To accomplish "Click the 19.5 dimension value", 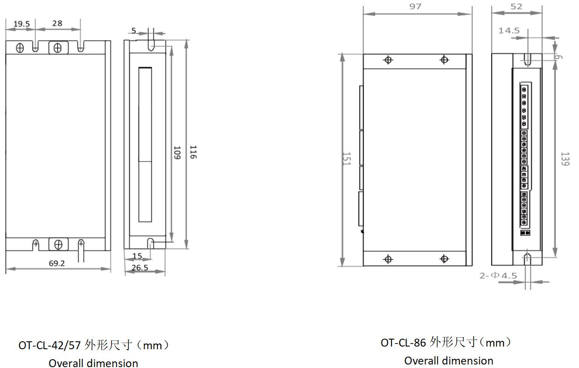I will coord(21,24).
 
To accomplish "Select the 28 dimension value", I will coord(57,24).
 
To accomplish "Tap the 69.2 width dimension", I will coord(58,263).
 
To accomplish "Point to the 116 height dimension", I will coord(193,152).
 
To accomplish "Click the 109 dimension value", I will coord(177,152).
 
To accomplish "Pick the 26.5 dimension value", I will coord(139,267).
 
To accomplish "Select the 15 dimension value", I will coord(137,255).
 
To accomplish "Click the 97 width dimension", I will coord(416,7).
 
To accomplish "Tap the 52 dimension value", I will coord(516,7).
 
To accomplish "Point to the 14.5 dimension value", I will coord(509,31).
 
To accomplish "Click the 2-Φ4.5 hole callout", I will coord(498,276).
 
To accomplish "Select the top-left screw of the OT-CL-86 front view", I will coord(388,60).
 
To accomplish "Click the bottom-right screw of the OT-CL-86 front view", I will coord(444,259).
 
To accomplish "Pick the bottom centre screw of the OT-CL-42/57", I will coord(58,244).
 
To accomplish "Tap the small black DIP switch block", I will coord(525,233).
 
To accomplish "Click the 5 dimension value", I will coord(134,31).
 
